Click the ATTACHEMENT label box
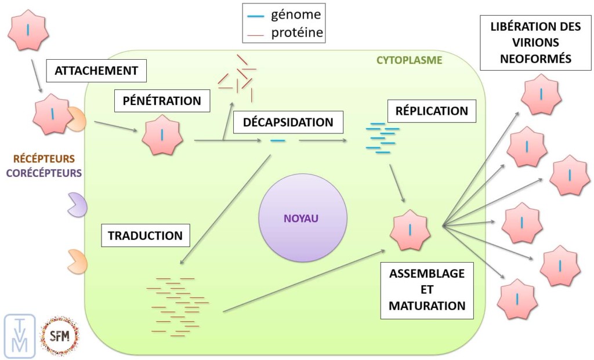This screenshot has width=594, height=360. [96, 71]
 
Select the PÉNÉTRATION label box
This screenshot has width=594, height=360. [162, 101]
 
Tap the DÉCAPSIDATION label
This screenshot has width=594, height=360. [288, 122]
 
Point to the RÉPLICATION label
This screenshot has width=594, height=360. [432, 111]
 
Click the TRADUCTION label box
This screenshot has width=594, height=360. [145, 235]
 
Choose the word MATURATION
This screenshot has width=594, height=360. [427, 305]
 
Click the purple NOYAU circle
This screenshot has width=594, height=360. [302, 218]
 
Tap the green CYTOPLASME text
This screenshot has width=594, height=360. [409, 60]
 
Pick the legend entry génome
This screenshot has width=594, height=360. [296, 14]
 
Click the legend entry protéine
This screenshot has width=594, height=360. [296, 33]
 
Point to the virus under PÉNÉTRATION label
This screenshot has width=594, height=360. [162, 134]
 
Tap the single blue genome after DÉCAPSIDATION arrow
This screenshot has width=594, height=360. [278, 141]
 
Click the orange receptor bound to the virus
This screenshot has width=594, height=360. [77, 118]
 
